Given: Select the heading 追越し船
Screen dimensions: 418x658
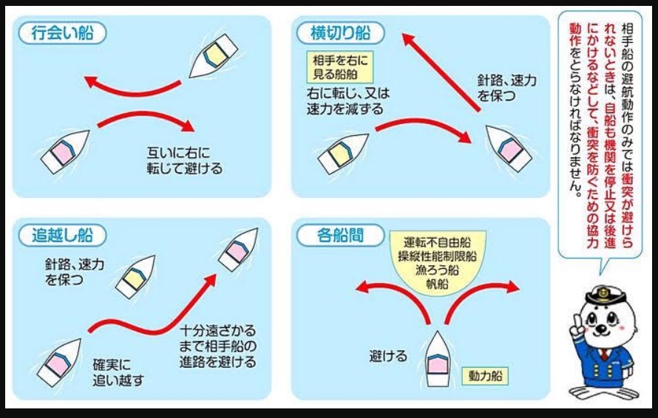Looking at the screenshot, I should click(63, 236).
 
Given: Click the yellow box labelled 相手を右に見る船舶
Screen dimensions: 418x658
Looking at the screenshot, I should click(341, 66).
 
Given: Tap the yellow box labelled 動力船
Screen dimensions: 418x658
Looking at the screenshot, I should click(486, 376).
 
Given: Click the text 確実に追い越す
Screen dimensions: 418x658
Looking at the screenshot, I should click(118, 373).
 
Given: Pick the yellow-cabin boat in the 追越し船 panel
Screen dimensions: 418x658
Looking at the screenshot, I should click(135, 276).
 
